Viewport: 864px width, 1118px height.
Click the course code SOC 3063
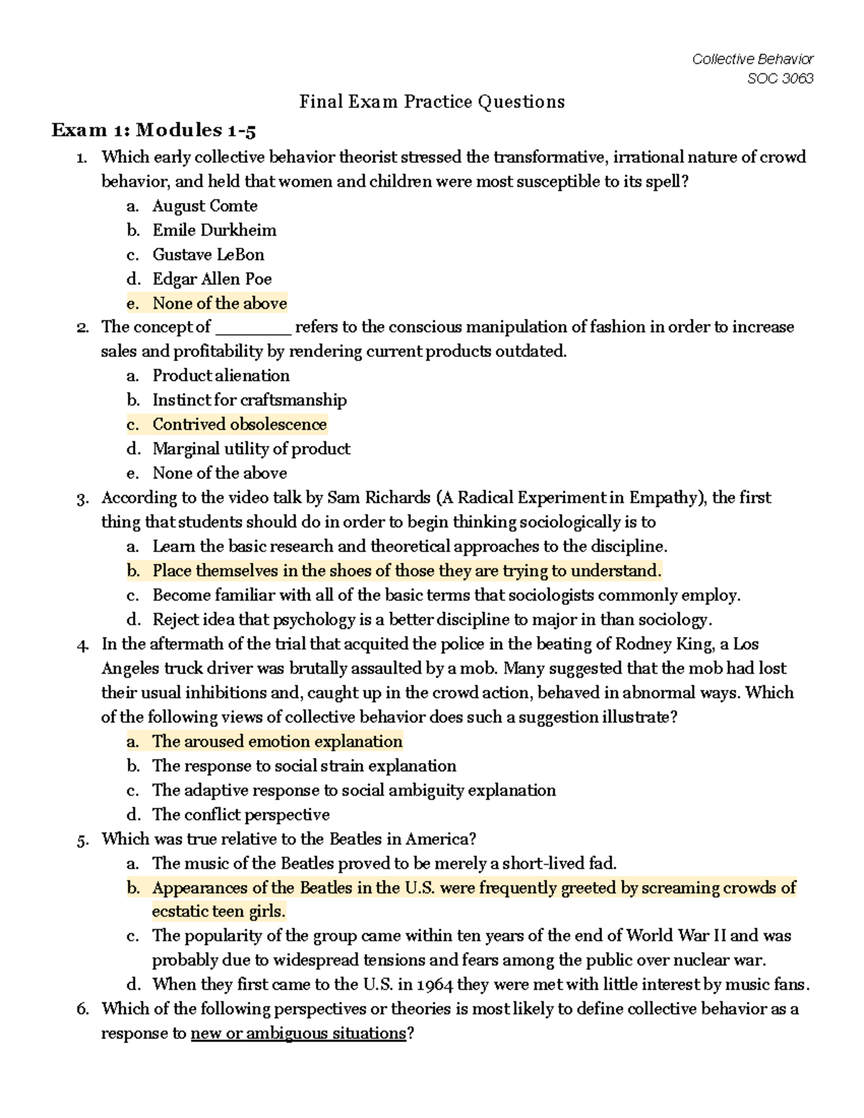coord(780,78)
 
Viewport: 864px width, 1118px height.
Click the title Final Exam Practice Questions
coord(432,102)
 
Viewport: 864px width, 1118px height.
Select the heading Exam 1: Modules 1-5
coord(153,130)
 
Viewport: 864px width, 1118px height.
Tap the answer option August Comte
coord(204,206)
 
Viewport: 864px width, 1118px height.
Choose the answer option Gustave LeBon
coord(208,255)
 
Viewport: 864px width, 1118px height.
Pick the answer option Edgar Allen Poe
coord(212,279)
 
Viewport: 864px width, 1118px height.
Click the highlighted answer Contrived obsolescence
coord(239,425)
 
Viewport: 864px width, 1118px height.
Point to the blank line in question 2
coord(253,329)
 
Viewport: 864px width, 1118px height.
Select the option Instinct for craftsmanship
coord(249,400)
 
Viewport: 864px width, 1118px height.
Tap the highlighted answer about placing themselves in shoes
coord(406,571)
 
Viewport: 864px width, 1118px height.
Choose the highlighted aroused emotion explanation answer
coord(277,741)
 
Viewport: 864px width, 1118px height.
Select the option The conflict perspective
coord(240,815)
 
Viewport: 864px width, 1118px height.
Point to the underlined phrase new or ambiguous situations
coord(298,1034)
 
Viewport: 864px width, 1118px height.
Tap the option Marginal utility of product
coord(251,449)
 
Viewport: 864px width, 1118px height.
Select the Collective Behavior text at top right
coord(752,59)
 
